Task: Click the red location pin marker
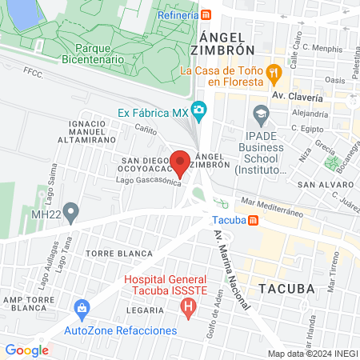[181, 163]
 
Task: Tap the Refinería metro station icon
[206, 14]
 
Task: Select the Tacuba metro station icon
[253, 220]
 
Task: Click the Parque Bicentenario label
[98, 53]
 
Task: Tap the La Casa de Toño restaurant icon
[274, 71]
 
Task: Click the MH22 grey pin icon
[72, 214]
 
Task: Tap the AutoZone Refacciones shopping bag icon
[80, 308]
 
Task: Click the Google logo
[26, 350]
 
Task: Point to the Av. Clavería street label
[298, 96]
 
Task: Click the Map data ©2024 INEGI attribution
[313, 353]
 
